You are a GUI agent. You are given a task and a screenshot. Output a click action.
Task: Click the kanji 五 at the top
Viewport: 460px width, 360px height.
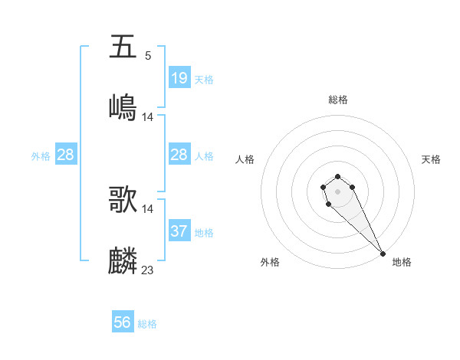tap(123, 47)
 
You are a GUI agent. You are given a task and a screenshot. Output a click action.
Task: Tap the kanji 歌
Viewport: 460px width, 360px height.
tap(123, 200)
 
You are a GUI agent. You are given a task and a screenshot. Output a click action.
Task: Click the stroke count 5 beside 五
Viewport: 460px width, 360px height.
tap(148, 56)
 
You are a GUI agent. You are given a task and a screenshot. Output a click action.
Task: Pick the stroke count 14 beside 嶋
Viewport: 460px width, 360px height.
tap(148, 117)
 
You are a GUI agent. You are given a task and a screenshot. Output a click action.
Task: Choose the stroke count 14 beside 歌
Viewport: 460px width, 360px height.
tap(148, 209)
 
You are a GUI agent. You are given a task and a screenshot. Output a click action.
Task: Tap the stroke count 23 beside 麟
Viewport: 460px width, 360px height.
tap(148, 270)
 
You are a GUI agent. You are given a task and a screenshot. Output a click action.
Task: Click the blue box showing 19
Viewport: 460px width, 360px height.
tap(179, 78)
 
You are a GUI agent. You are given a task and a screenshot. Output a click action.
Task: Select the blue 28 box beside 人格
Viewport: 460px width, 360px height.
tap(179, 155)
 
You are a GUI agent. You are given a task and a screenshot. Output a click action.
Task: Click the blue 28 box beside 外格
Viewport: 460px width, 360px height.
tap(66, 155)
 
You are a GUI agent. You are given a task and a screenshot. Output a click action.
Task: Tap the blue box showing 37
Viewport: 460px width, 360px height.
tap(179, 231)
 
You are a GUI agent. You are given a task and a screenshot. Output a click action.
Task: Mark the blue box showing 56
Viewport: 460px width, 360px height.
tap(123, 322)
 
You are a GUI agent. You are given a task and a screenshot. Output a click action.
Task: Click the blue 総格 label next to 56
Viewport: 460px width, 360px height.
tap(147, 324)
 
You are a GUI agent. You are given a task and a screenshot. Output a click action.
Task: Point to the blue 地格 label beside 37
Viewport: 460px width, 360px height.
tap(204, 233)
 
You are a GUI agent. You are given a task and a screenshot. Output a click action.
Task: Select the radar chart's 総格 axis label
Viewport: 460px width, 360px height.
tap(337, 100)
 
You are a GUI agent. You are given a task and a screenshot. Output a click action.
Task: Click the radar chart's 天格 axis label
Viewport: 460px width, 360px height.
tap(431, 159)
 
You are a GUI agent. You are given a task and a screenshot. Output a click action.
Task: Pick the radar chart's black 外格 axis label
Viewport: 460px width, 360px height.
tap(270, 262)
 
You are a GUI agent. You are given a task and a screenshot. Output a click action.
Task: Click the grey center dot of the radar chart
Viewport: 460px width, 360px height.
tap(337, 190)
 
